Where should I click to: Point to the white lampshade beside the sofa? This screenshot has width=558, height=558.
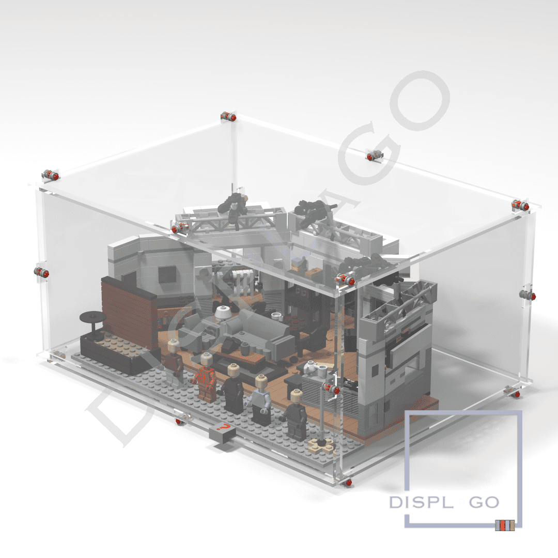pyautogui.click(x=223, y=312)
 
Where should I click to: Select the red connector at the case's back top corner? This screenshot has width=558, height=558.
pyautogui.click(x=228, y=117)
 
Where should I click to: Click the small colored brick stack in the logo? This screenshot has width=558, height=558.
pyautogui.click(x=505, y=525)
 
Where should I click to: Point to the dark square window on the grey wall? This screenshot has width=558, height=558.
pyautogui.click(x=166, y=274)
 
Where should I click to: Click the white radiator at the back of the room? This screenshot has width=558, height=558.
pyautogui.click(x=241, y=283)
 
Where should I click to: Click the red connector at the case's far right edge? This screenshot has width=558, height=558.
pyautogui.click(x=527, y=295)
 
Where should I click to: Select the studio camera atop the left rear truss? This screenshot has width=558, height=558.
pyautogui.click(x=234, y=205)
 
